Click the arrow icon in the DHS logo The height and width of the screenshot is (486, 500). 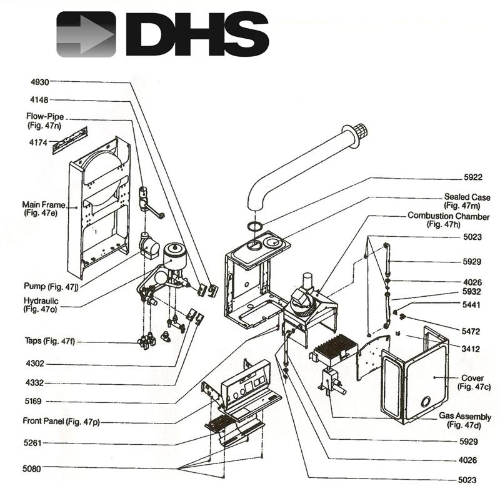tap(86, 34)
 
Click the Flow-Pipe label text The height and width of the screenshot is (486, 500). tap(46, 117)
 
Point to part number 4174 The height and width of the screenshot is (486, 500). tap(39, 142)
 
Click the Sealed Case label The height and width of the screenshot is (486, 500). tap(467, 197)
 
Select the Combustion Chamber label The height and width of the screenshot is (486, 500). tap(448, 216)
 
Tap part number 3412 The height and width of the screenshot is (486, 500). tap(470, 349)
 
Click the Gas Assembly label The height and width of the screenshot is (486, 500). tap(465, 417)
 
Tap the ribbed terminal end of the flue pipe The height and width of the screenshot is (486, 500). tap(359, 132)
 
